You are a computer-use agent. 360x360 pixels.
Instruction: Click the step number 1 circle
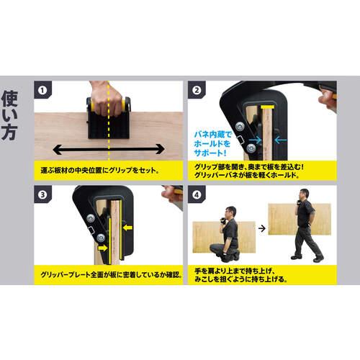43,91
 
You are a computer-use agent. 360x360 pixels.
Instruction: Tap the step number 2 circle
197,91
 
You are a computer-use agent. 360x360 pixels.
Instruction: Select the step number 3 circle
43,194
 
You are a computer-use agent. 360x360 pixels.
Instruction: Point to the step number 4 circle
197,194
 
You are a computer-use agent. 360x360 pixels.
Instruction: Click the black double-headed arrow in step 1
108,150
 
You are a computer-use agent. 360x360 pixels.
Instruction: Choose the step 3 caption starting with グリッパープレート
108,274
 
